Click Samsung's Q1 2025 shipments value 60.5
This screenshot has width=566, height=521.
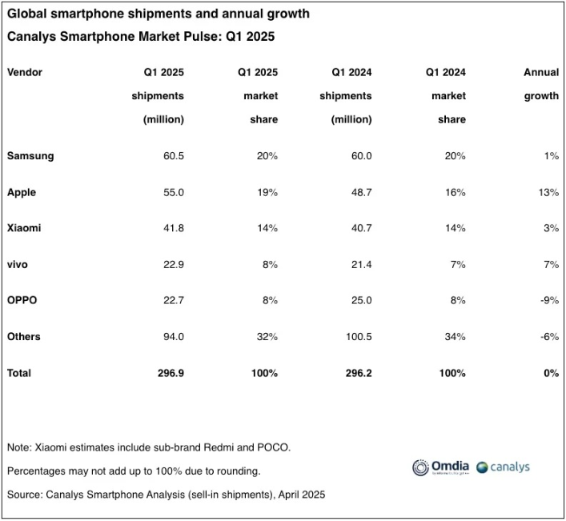(173, 156)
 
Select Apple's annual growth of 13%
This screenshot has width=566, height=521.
(548, 192)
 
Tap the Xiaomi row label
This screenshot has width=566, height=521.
(24, 228)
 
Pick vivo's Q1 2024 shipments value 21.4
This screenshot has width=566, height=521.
(360, 264)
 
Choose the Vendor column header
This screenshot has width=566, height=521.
(25, 72)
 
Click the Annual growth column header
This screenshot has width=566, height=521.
(541, 84)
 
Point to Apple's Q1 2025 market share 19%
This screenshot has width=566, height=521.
(267, 192)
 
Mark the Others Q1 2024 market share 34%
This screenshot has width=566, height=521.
(455, 336)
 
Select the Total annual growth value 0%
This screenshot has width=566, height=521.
(550, 373)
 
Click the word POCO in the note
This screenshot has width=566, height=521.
(275, 447)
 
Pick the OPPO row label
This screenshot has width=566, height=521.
(22, 300)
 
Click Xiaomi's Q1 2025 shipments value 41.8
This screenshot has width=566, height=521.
(173, 228)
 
